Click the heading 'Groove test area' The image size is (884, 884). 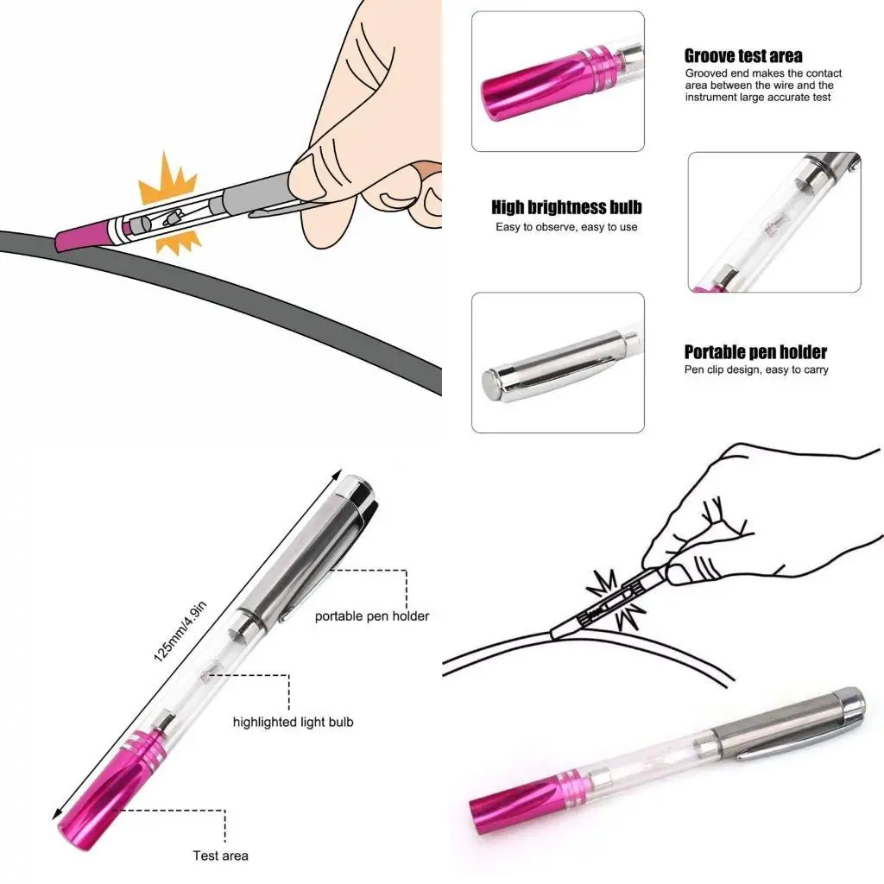pyautogui.click(x=742, y=56)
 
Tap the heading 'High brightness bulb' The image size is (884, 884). pyautogui.click(x=566, y=207)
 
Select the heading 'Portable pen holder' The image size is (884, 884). pyautogui.click(x=755, y=352)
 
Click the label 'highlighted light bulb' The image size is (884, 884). pyautogui.click(x=293, y=722)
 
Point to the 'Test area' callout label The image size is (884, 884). pyautogui.click(x=220, y=856)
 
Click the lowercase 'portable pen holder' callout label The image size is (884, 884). pyautogui.click(x=371, y=616)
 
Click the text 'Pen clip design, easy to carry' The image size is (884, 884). pyautogui.click(x=756, y=370)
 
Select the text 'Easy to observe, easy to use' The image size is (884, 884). pyautogui.click(x=566, y=227)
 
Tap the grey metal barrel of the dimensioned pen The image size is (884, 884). pyautogui.click(x=302, y=552)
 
